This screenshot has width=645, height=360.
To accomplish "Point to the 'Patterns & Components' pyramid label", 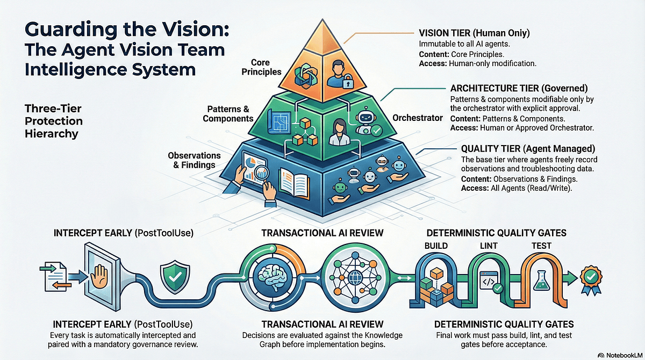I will [228, 114].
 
